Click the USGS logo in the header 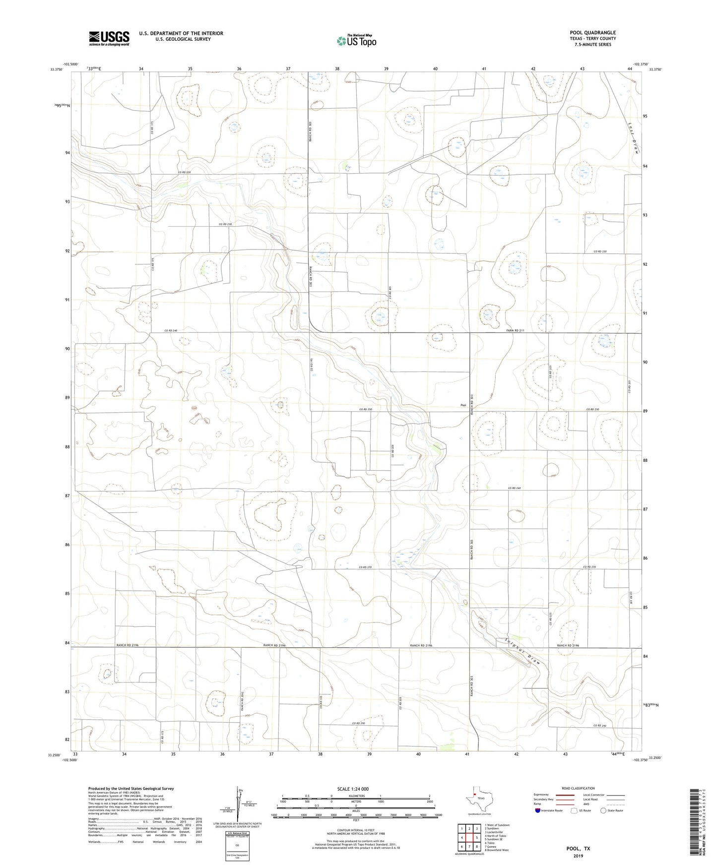click(x=109, y=38)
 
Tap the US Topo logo click(x=356, y=41)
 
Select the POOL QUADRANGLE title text click(x=592, y=33)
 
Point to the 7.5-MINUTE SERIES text click(x=592, y=45)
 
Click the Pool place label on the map click(x=463, y=405)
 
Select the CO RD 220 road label click(x=185, y=172)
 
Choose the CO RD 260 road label click(x=515, y=489)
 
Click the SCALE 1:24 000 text click(x=353, y=789)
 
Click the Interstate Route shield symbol click(x=538, y=810)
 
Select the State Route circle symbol click(x=603, y=810)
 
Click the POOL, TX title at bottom click(x=578, y=849)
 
